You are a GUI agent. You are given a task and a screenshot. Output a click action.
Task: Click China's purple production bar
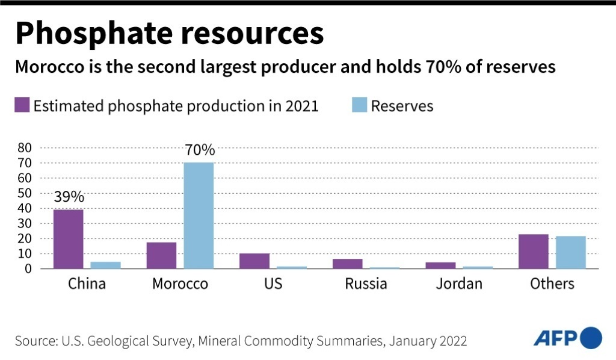point(69,239)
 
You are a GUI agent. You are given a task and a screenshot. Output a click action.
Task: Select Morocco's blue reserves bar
point(199,216)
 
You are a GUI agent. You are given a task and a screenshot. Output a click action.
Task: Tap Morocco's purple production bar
point(161,255)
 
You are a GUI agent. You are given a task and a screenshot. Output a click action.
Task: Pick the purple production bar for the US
point(254,261)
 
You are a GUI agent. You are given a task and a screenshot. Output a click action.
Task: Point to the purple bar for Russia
point(348,264)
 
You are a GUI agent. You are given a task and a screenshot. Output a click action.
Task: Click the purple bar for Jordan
point(441,265)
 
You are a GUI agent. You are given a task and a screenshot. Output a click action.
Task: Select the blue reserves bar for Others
point(571,252)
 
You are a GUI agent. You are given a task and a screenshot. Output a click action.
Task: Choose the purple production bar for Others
point(534,251)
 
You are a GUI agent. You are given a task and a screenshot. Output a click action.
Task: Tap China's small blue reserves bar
point(106,265)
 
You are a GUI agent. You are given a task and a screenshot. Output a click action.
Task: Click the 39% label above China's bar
point(69,197)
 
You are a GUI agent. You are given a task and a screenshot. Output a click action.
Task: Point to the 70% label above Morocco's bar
point(199,150)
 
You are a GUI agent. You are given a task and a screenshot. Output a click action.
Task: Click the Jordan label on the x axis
point(459,284)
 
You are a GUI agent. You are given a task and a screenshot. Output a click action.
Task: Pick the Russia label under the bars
point(366,284)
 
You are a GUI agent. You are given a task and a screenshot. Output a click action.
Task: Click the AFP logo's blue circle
point(591,337)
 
